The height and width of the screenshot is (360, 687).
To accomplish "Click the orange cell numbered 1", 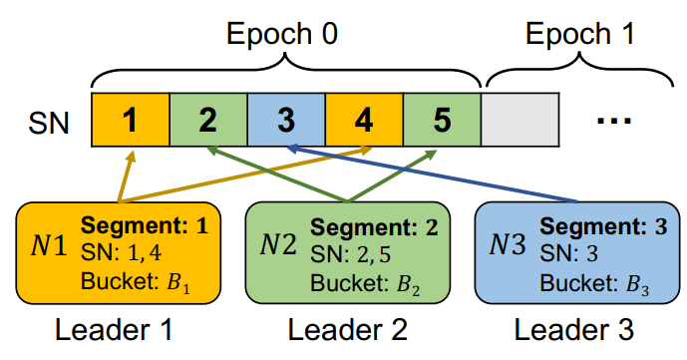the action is [131, 120].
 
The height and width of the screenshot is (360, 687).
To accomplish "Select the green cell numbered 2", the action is [208, 120].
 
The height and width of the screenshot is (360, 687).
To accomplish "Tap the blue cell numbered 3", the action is [286, 120].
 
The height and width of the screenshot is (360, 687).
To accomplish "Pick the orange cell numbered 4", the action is [364, 120].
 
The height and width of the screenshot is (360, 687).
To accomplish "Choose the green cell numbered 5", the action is [442, 120].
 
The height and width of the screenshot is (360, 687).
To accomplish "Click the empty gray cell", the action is [520, 120].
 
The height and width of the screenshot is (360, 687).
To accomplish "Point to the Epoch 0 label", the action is [282, 34].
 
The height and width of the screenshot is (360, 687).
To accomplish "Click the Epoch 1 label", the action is [580, 34].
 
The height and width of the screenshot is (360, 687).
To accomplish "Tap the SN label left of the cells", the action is [49, 123].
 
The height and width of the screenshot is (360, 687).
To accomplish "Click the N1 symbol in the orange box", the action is [49, 246].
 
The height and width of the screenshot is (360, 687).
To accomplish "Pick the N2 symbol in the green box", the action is [278, 244].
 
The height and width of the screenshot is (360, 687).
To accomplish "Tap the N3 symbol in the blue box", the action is [508, 244].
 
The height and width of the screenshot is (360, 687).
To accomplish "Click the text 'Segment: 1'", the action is [145, 226].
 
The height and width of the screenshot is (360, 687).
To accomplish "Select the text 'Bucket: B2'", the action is [365, 284].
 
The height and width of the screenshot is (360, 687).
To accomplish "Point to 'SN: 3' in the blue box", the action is [568, 253].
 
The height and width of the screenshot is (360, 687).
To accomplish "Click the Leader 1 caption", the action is [114, 330].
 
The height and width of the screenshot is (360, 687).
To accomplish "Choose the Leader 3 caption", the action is [573, 330].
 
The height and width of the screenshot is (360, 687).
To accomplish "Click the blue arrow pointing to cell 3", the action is [431, 175].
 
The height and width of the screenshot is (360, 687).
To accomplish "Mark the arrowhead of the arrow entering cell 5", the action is [431, 155].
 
